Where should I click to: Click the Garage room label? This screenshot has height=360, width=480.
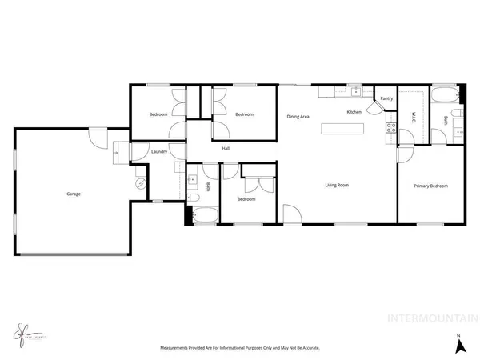click(x=73, y=194)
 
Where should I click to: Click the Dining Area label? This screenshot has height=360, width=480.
click(x=298, y=117)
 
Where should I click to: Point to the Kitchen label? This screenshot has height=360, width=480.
click(x=354, y=112)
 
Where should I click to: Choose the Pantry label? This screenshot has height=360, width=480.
click(x=386, y=98)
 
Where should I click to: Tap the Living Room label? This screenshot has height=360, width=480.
click(x=336, y=186)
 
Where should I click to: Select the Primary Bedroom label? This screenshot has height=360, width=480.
click(x=430, y=186)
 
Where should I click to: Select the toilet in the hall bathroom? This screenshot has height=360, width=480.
click(x=192, y=197)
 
